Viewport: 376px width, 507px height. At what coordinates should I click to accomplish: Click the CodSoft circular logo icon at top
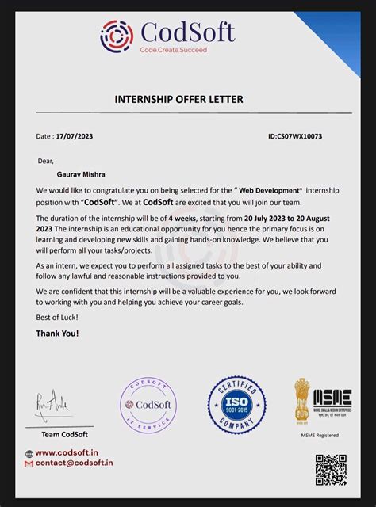point(117,36)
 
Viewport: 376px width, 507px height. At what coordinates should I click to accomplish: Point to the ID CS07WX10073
point(295,136)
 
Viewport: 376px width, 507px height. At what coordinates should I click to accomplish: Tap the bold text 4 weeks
point(182,216)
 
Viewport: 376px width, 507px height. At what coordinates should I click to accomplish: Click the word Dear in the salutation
point(46,161)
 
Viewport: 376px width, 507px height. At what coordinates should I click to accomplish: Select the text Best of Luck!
point(57,317)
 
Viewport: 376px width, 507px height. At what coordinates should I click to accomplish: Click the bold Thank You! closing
point(57,334)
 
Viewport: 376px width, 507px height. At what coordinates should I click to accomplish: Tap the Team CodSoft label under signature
point(65,434)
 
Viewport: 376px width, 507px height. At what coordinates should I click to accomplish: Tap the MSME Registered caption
point(319,434)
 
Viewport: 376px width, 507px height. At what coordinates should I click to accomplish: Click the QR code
point(331,470)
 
